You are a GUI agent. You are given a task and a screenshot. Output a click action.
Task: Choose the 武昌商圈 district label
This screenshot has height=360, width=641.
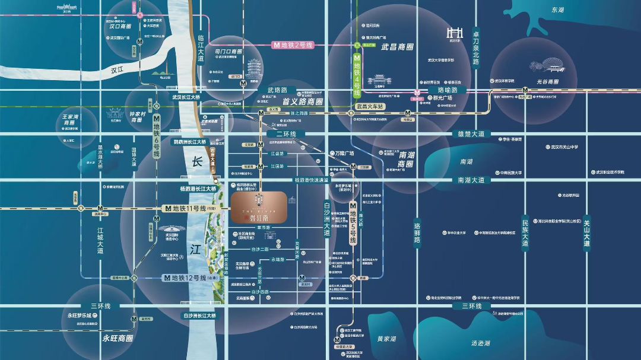click(x=397, y=47)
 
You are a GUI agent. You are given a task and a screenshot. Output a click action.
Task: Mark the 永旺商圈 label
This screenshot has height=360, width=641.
click(x=118, y=338)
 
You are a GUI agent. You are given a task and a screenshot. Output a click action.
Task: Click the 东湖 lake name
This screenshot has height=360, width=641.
click(x=557, y=10)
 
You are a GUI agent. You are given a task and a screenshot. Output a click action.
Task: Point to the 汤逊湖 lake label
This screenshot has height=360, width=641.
click(x=480, y=343)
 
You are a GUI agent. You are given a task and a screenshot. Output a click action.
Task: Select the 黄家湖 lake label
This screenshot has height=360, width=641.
click(x=386, y=339)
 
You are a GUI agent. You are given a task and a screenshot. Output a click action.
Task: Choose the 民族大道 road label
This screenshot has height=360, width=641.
click(x=525, y=232)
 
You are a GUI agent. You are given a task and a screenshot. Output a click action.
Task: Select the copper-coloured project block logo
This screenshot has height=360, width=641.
click(x=259, y=206)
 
